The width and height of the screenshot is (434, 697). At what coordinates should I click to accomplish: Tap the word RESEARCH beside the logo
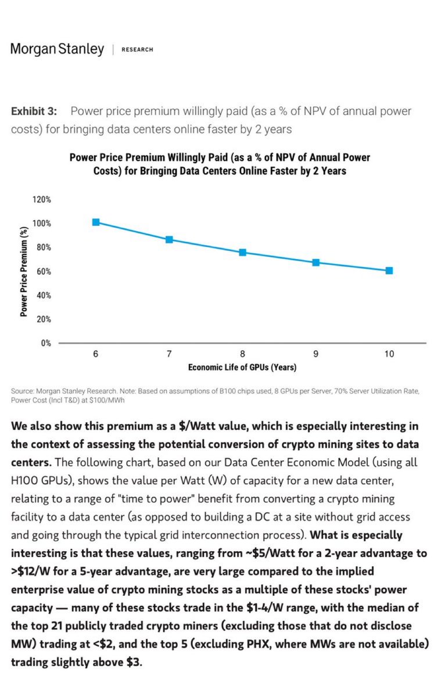pos(137,50)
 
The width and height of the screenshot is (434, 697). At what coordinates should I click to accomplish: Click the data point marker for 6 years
pos(96,222)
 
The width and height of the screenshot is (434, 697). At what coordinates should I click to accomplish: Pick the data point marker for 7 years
pos(169,239)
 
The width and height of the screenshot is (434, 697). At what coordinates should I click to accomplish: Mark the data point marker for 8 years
pos(242,252)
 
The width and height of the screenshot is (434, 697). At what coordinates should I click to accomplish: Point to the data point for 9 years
pos(316,263)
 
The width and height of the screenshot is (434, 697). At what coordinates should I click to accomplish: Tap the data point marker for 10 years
pos(389,271)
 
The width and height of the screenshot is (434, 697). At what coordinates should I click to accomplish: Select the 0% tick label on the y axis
pos(45,343)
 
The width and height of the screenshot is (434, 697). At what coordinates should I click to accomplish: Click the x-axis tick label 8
pos(242,354)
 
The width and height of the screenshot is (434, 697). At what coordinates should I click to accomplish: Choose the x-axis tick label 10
pos(389,354)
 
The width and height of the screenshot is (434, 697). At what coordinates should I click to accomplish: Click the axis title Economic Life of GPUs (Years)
pos(242,368)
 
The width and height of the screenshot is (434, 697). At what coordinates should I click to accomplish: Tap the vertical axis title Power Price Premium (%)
pos(24,271)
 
